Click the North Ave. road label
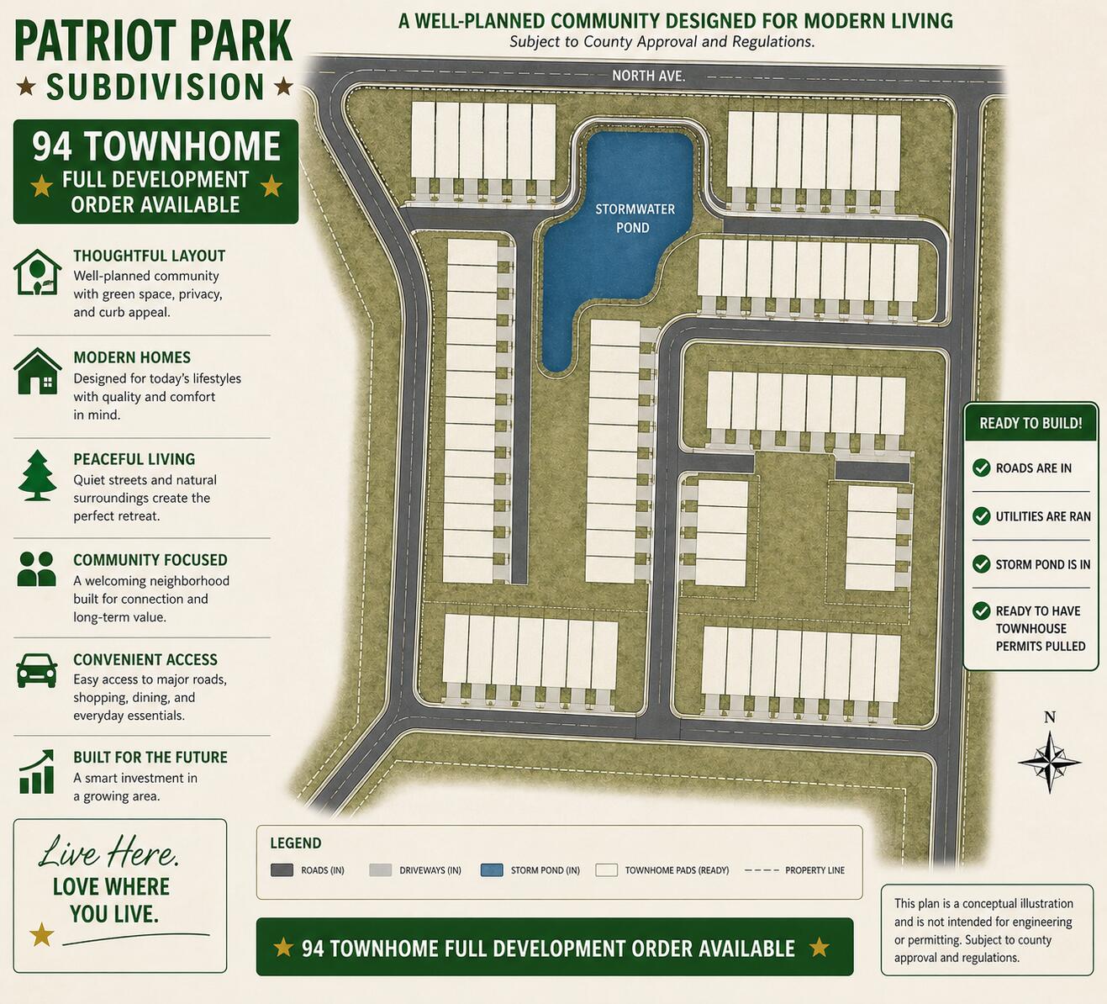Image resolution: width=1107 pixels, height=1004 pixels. [x=648, y=76]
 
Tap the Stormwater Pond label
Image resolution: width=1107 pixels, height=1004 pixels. [x=635, y=218]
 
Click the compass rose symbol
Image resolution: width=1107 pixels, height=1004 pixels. [x=1049, y=762]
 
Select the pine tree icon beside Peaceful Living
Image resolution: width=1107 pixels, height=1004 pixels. [x=37, y=476]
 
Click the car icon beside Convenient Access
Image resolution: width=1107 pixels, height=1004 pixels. [x=37, y=670]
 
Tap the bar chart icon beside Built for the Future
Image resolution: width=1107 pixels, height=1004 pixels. [x=37, y=772]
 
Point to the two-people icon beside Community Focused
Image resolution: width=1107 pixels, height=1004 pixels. [x=37, y=569]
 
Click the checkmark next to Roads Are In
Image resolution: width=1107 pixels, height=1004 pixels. [x=981, y=468]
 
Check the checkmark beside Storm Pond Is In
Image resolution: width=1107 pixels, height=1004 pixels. [x=981, y=564]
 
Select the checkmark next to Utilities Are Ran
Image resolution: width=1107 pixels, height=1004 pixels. [x=981, y=516]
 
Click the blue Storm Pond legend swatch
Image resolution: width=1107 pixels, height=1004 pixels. [x=492, y=870]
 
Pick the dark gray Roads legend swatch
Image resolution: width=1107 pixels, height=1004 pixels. [x=282, y=870]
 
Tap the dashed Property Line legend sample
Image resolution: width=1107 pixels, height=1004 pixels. [x=762, y=870]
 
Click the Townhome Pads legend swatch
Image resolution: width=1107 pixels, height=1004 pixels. [x=607, y=870]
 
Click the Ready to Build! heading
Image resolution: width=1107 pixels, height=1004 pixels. [x=1031, y=423]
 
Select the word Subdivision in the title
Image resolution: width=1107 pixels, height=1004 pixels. [x=156, y=87]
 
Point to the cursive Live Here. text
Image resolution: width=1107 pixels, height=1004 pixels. [x=109, y=853]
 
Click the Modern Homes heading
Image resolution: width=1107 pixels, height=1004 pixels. [x=132, y=357]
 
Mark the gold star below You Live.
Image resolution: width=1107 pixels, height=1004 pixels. [x=41, y=934]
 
